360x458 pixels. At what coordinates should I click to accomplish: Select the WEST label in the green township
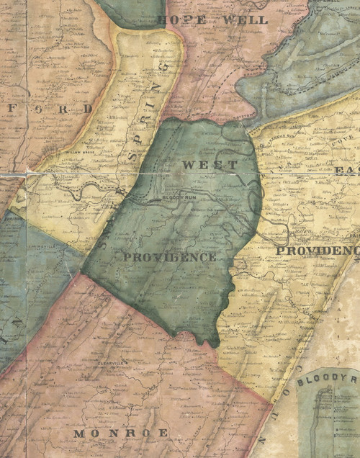(x=209, y=165)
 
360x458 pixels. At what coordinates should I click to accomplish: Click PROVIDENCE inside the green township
(x=169, y=257)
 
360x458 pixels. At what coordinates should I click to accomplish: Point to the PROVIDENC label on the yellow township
(x=318, y=250)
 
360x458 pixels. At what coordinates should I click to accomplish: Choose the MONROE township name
(x=120, y=433)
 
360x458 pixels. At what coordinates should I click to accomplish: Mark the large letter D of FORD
(x=87, y=109)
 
